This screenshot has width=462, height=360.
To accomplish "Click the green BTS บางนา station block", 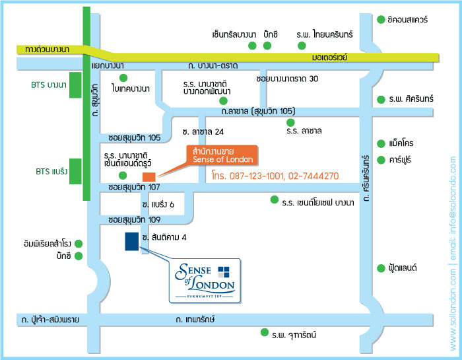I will click(75, 86).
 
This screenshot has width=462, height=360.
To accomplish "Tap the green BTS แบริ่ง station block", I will click(75, 172).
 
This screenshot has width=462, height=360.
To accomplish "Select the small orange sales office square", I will click(148, 176).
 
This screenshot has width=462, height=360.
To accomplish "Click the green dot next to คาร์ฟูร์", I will click(381, 160).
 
